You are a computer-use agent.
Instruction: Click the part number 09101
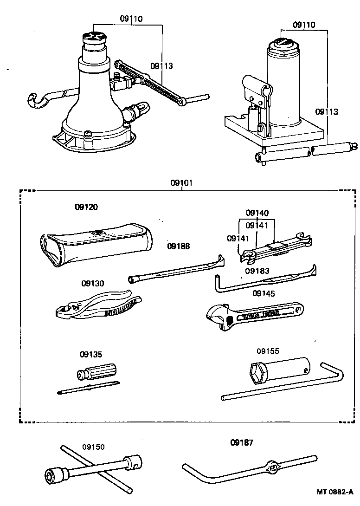point(181,183)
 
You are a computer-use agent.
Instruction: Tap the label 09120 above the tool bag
point(86,207)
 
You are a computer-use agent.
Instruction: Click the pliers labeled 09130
point(98,305)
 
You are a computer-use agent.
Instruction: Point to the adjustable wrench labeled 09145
point(255,316)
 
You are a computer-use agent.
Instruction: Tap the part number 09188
point(179,246)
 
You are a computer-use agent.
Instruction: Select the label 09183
point(257,271)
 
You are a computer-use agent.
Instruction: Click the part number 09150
point(93,447)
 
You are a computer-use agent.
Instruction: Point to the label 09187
point(242,442)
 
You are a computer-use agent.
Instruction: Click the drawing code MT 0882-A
point(335,492)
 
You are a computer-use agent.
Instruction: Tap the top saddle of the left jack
point(94,37)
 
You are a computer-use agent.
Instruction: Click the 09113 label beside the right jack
point(327,112)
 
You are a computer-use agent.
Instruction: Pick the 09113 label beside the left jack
point(161,66)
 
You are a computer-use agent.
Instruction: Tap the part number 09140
point(257,213)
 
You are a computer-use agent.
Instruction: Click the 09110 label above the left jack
point(131,19)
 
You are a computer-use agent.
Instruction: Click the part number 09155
point(268,351)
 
